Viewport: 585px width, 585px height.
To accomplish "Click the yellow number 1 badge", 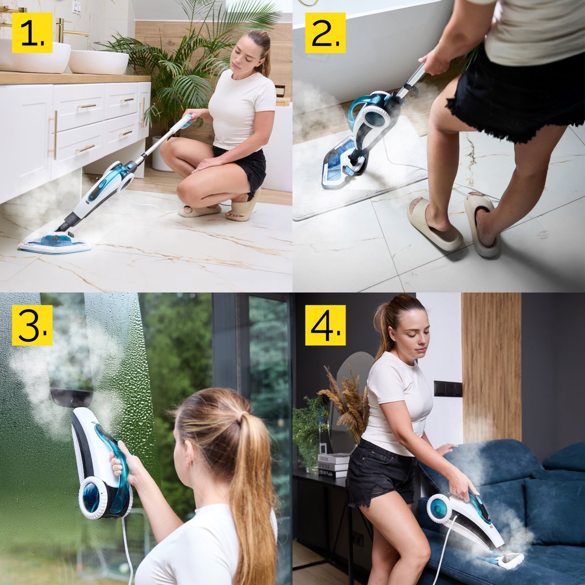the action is (x=32, y=33).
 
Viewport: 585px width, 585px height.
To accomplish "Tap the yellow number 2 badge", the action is (x=326, y=33).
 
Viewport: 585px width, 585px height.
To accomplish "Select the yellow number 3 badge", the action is (x=32, y=325).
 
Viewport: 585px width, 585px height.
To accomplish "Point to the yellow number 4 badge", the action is (x=326, y=325).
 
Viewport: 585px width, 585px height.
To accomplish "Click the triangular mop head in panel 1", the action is (x=55, y=243).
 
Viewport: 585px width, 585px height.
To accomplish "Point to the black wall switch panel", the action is (x=448, y=388).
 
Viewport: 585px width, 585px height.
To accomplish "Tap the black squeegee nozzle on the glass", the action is (x=72, y=397).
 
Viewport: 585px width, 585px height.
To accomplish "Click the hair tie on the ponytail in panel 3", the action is (x=241, y=420).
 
